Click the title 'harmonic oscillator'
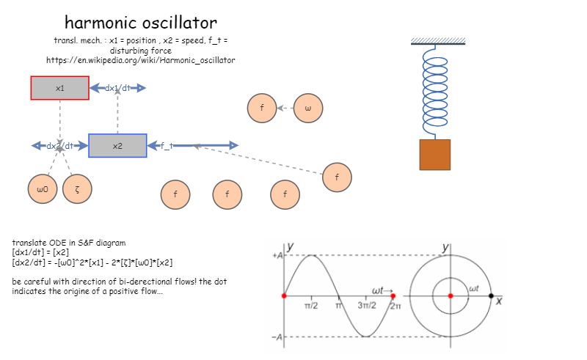click(x=140, y=22)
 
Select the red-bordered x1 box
click(x=59, y=88)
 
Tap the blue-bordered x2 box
click(x=117, y=146)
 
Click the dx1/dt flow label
click(x=117, y=88)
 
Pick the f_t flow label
click(x=167, y=146)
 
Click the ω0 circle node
click(x=43, y=189)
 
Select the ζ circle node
click(x=77, y=189)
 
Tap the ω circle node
click(x=308, y=109)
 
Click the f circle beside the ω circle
click(x=262, y=109)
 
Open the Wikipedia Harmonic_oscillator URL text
click(x=140, y=60)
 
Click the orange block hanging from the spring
click(x=434, y=155)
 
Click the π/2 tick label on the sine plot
click(x=311, y=305)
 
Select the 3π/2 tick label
click(x=367, y=305)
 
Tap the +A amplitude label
click(x=277, y=255)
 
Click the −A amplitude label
click(x=277, y=337)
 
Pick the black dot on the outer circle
click(x=491, y=295)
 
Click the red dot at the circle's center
click(x=451, y=295)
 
